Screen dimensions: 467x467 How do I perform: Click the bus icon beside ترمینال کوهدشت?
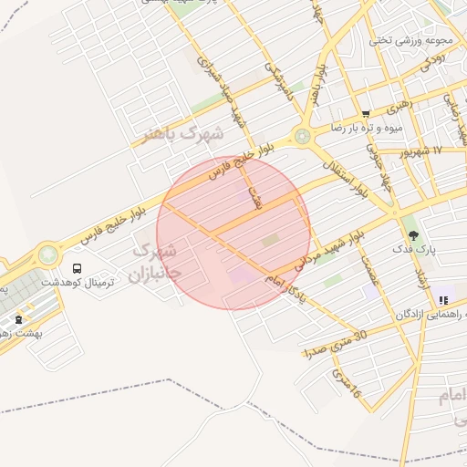point(78,269)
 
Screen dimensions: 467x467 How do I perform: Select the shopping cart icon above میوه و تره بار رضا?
point(366,114)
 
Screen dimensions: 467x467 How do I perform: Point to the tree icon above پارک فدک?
point(413,235)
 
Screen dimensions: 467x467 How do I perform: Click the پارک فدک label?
point(414,249)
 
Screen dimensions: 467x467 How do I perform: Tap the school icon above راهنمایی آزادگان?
point(443,299)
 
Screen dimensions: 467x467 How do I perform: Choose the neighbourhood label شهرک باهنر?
point(182,135)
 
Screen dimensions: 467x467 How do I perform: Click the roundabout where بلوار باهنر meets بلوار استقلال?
point(302,139)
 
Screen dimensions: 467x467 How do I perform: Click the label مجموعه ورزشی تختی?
point(399,40)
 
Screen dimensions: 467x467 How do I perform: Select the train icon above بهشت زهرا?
point(19,319)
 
